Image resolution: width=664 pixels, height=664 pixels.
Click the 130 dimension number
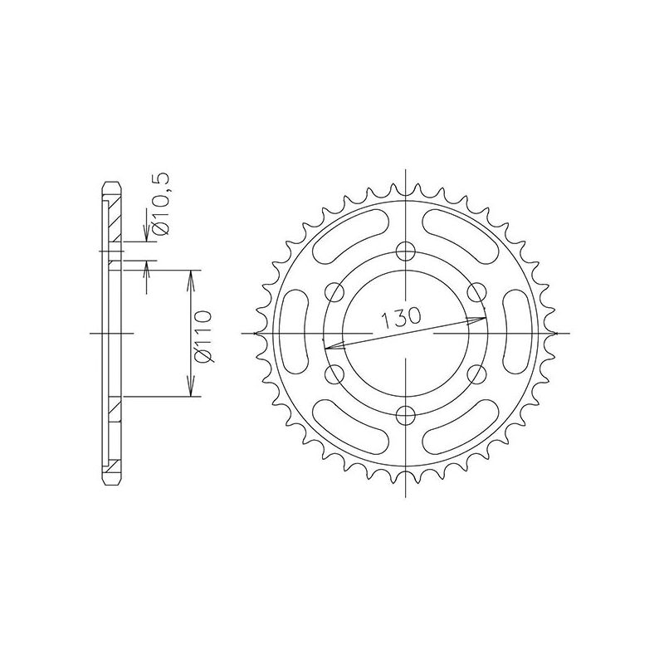click(x=402, y=318)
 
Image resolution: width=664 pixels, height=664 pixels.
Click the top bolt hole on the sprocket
click(x=406, y=251)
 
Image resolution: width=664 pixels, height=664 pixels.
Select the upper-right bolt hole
click(x=476, y=292)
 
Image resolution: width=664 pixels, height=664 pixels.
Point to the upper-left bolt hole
click(x=334, y=292)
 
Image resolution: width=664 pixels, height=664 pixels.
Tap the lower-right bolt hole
click(x=476, y=374)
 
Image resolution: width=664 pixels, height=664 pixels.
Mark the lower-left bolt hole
click(x=334, y=374)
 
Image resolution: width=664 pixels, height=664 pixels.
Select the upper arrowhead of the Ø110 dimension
click(x=192, y=276)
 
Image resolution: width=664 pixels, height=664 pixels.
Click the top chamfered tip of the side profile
click(x=110, y=185)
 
